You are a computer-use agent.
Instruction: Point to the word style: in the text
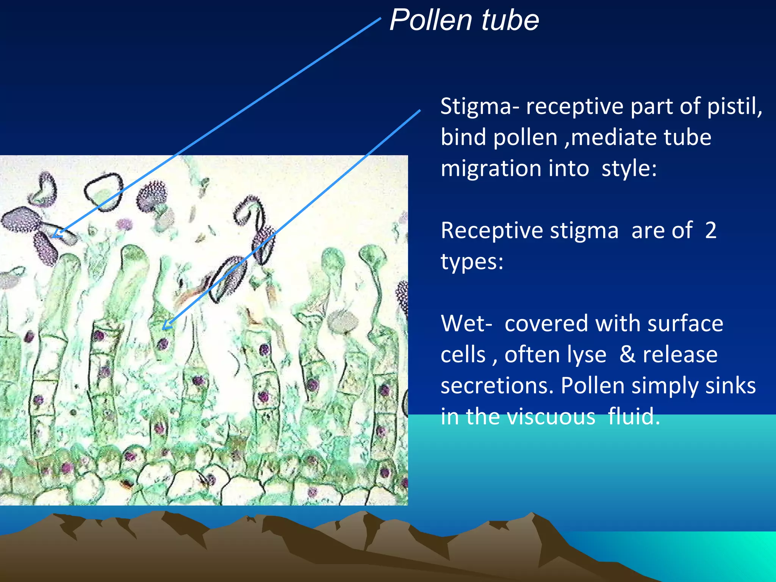pos(629,169)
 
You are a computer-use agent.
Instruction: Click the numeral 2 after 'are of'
pos(710,230)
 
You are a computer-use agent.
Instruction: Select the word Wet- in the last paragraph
pos(466,324)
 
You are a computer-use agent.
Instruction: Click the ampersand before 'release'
pos(627,355)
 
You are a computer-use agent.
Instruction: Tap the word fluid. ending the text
pos(634,417)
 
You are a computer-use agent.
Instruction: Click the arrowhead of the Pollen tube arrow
pos(57,234)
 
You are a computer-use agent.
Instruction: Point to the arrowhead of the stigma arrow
pos(167,326)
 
